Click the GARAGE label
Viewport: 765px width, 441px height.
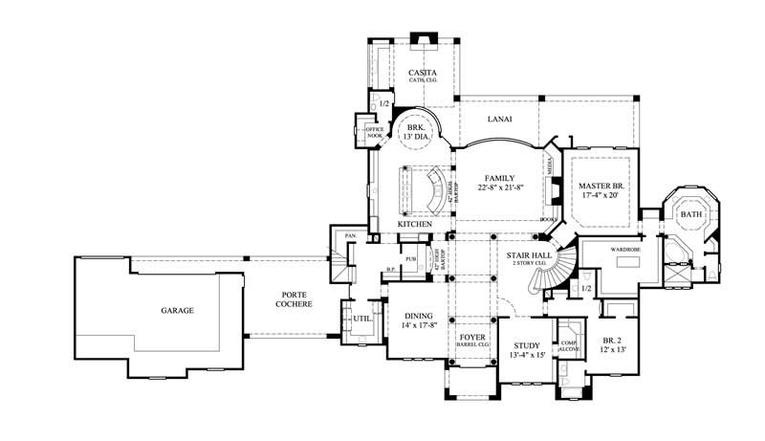pyautogui.click(x=177, y=311)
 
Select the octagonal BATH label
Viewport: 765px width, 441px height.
pyautogui.click(x=690, y=215)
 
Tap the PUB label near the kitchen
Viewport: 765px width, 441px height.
pyautogui.click(x=410, y=259)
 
